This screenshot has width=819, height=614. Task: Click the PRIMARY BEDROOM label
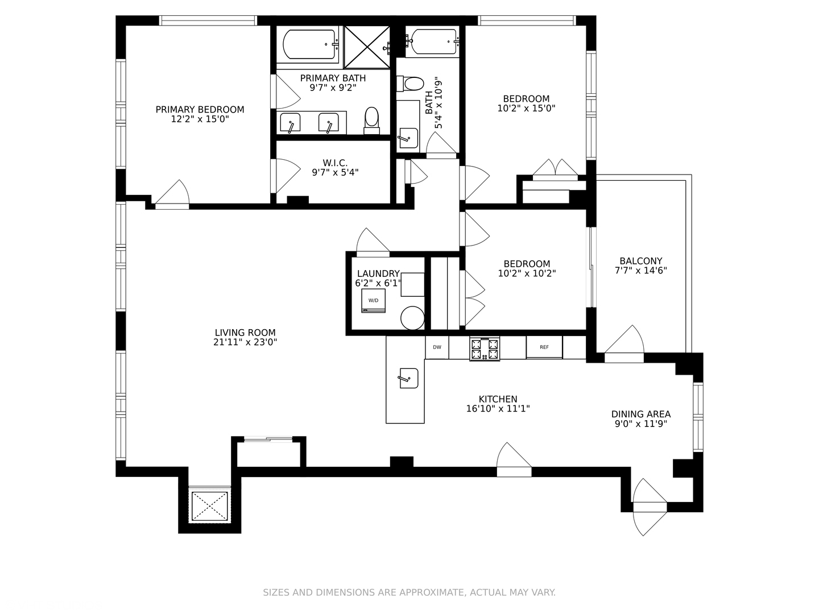tap(200, 110)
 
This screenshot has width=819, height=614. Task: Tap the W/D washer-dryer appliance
tap(373, 301)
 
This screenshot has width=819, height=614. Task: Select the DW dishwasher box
tap(437, 347)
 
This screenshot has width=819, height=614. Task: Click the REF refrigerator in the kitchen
tap(544, 347)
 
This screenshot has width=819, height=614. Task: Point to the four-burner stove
tap(485, 349)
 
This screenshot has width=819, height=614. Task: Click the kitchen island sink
tap(409, 378)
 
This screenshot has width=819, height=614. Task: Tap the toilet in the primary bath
tap(371, 121)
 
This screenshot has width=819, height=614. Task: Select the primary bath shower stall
tap(367, 47)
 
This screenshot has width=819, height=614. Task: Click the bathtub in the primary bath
tap(309, 44)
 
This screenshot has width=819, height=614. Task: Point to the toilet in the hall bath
tap(410, 84)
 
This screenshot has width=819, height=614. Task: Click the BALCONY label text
tap(640, 261)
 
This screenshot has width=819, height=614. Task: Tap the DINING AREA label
tap(640, 414)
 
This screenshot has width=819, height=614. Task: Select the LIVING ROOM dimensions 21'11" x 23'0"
tap(245, 342)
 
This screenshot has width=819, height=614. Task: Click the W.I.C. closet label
tap(335, 163)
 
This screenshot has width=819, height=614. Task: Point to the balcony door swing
tap(624, 339)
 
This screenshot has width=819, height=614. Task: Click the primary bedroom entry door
tap(172, 193)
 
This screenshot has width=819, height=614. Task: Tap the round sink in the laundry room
tap(412, 318)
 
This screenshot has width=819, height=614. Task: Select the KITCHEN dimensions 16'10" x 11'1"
tap(498, 409)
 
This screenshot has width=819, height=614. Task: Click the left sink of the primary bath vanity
tap(290, 123)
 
